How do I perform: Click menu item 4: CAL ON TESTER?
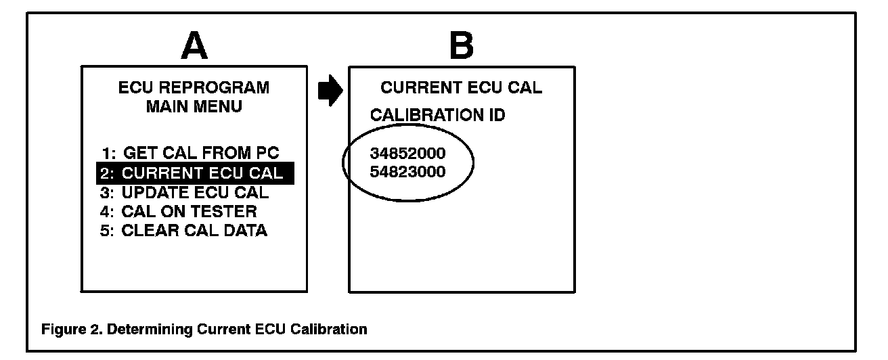180,212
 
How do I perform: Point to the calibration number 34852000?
408,154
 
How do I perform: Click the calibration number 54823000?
408,172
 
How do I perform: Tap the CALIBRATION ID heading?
437,116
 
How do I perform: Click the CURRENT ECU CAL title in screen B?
462,88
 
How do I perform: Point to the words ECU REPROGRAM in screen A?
194,88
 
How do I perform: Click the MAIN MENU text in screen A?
194,108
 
